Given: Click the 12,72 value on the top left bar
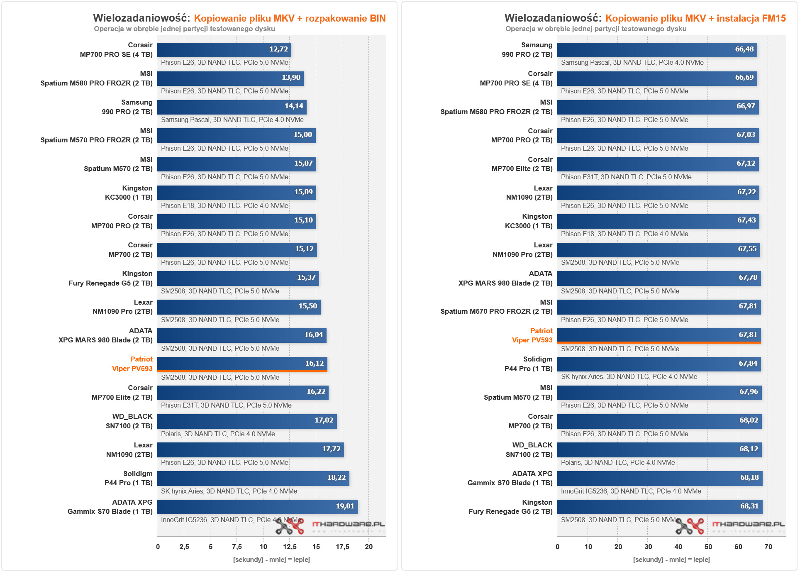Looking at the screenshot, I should [278, 49].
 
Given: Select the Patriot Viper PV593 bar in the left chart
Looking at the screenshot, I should [242, 364].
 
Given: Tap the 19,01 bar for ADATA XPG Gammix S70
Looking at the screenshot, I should [257, 506].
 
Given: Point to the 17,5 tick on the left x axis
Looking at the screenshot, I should [342, 547].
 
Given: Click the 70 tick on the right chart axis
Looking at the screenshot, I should [768, 547].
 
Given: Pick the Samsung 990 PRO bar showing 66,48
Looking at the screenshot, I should [657, 49].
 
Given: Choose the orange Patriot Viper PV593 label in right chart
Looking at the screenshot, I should [532, 335].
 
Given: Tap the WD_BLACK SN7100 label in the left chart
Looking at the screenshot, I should [129, 421].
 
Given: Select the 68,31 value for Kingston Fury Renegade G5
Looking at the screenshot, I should [749, 506].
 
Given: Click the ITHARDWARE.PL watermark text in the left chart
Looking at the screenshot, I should [349, 524].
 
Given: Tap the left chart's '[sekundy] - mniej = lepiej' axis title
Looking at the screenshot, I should [271, 560].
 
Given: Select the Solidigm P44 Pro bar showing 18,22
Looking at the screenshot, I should [253, 478].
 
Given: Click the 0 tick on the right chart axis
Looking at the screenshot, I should [557, 547].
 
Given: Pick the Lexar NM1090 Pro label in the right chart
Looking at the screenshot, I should [522, 250].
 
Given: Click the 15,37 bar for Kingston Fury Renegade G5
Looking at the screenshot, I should [238, 278].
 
